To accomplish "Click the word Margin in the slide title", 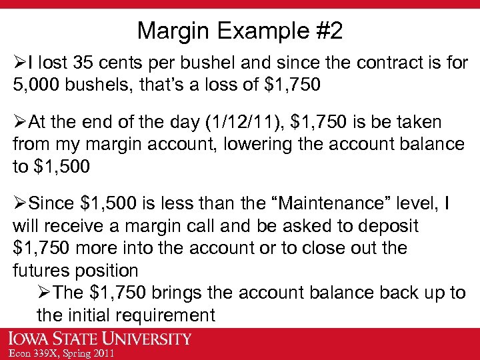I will click(x=171, y=31).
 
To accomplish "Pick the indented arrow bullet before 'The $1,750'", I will click(x=44, y=293).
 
